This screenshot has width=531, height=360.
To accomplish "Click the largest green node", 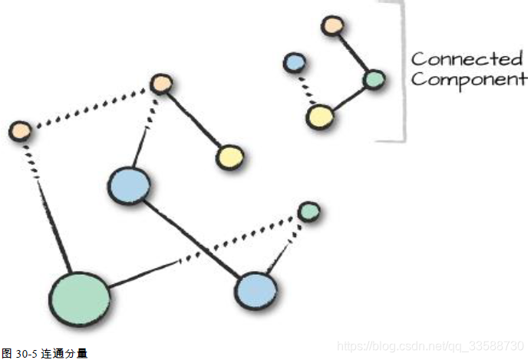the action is coord(79,299).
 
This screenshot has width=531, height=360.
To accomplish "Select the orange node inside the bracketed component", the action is coord(331,25).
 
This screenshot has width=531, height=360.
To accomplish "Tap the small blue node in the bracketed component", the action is coord(294,62).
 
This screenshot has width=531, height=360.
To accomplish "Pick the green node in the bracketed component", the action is coord(374,79).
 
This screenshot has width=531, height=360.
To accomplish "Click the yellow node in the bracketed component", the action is coord(319,117).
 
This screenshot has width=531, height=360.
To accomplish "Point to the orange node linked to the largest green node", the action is coord(20,130).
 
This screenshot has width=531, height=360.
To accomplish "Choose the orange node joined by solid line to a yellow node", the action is coord(161,84).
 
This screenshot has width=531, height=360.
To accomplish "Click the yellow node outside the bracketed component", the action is coord(229,157).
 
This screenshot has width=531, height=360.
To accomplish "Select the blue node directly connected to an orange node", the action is coord(128,185).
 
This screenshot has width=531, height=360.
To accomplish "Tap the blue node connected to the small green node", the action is coord(255,290).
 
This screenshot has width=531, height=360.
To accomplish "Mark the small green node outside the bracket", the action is coord(308,210).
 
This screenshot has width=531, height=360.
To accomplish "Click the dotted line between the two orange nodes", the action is coord(91,107).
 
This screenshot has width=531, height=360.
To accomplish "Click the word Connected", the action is coord(467,59).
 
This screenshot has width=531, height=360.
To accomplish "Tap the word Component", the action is coord(469,80).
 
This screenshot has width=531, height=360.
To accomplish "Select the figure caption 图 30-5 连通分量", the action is coord(45,353).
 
